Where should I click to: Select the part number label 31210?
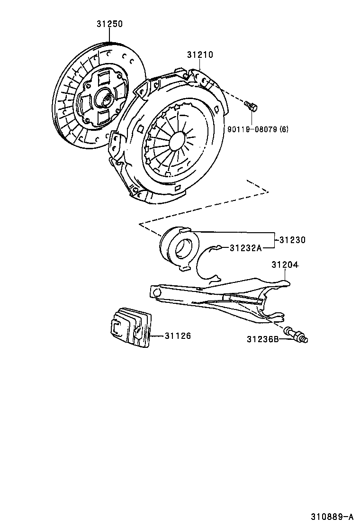[199, 55]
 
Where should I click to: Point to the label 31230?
[292, 240]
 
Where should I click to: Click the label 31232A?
[245, 247]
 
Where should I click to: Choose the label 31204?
[284, 264]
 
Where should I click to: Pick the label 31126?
[178, 336]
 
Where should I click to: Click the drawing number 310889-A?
[332, 516]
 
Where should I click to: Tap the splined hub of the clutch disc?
[105, 99]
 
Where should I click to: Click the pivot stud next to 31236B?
[296, 334]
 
